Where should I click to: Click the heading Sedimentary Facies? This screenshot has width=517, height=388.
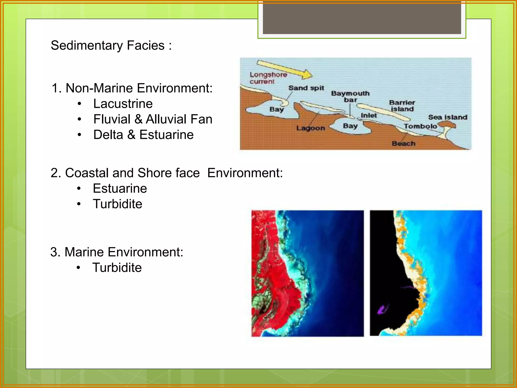pyautogui.click(x=111, y=45)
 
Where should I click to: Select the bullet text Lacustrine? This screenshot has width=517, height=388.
pyautogui.click(x=123, y=104)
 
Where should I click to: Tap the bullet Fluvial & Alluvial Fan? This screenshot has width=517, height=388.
pyautogui.click(x=153, y=119)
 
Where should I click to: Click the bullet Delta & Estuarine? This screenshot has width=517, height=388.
pyautogui.click(x=143, y=135)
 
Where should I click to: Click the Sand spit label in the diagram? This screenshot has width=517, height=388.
pyautogui.click(x=306, y=88)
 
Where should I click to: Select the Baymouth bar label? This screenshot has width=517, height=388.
pyautogui.click(x=350, y=96)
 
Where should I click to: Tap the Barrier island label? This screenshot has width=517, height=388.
pyautogui.click(x=402, y=106)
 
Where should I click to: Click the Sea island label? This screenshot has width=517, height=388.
pyautogui.click(x=448, y=117)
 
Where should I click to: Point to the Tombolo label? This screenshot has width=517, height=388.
pyautogui.click(x=420, y=126)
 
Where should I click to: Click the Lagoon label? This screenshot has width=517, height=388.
pyautogui.click(x=311, y=128)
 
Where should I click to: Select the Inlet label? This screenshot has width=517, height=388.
pyautogui.click(x=369, y=115)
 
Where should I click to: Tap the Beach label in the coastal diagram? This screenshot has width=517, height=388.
pyautogui.click(x=403, y=143)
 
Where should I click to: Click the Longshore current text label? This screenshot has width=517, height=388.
pyautogui.click(x=268, y=78)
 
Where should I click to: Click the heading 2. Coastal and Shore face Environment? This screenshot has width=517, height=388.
pyautogui.click(x=167, y=173)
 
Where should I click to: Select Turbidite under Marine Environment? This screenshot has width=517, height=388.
pyautogui.click(x=117, y=268)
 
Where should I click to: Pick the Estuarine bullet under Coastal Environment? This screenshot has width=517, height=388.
pyautogui.click(x=120, y=188)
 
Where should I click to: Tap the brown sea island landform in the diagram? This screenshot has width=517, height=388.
pyautogui.click(x=447, y=124)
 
